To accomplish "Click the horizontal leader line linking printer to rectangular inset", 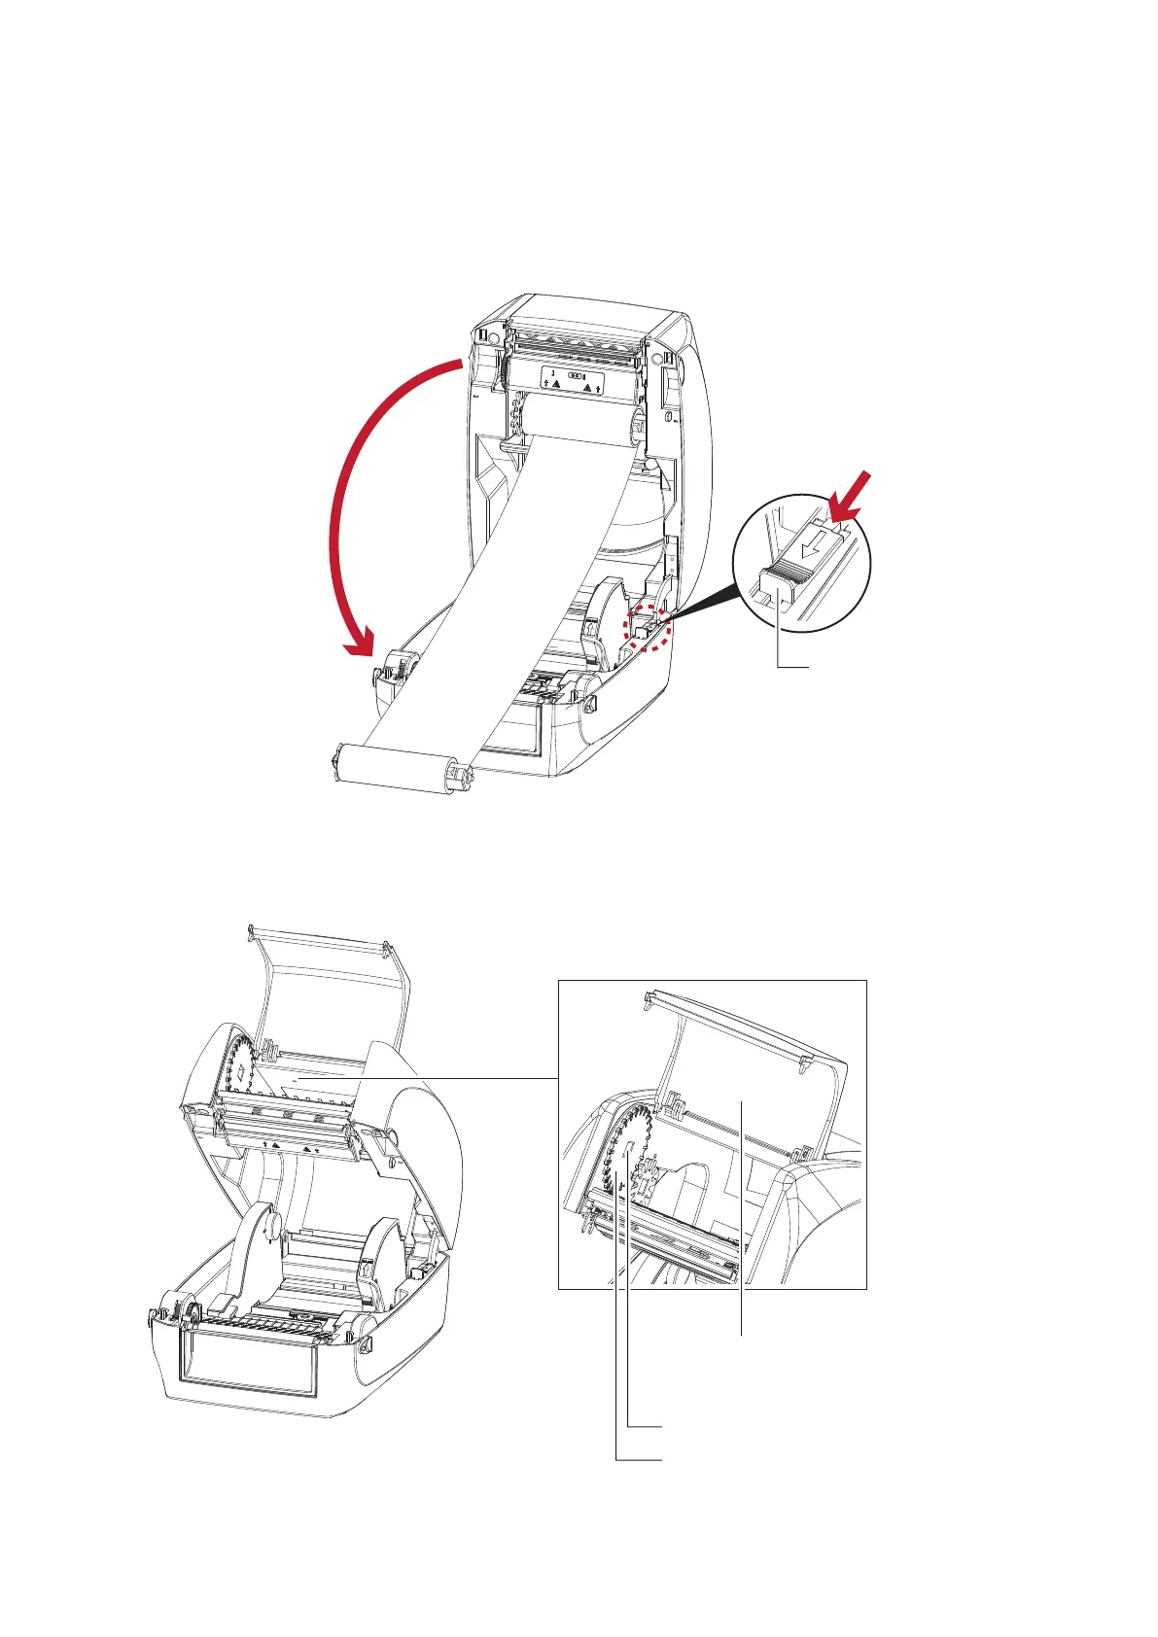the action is point(457,1078).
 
